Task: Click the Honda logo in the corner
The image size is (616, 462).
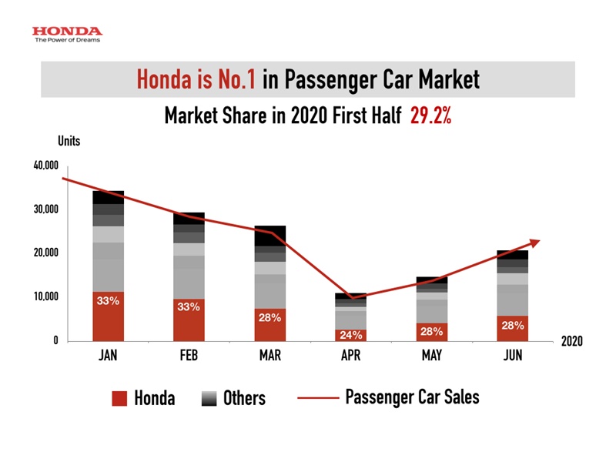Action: click(66, 34)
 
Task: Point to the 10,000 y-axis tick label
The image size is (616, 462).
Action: click(45, 297)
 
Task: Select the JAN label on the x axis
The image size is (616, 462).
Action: click(108, 358)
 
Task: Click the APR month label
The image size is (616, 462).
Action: click(350, 358)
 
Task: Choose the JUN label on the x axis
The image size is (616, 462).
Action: click(511, 358)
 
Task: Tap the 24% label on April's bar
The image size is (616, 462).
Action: click(350, 335)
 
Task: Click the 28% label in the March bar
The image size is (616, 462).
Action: click(269, 317)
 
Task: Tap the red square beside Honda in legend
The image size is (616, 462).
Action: click(119, 397)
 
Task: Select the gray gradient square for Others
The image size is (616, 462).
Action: click(209, 397)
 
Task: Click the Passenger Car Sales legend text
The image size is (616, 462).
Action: click(412, 397)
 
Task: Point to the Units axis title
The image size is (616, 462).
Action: click(69, 140)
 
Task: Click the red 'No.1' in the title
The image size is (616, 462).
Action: click(235, 79)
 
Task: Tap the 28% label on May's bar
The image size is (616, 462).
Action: click(431, 331)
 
